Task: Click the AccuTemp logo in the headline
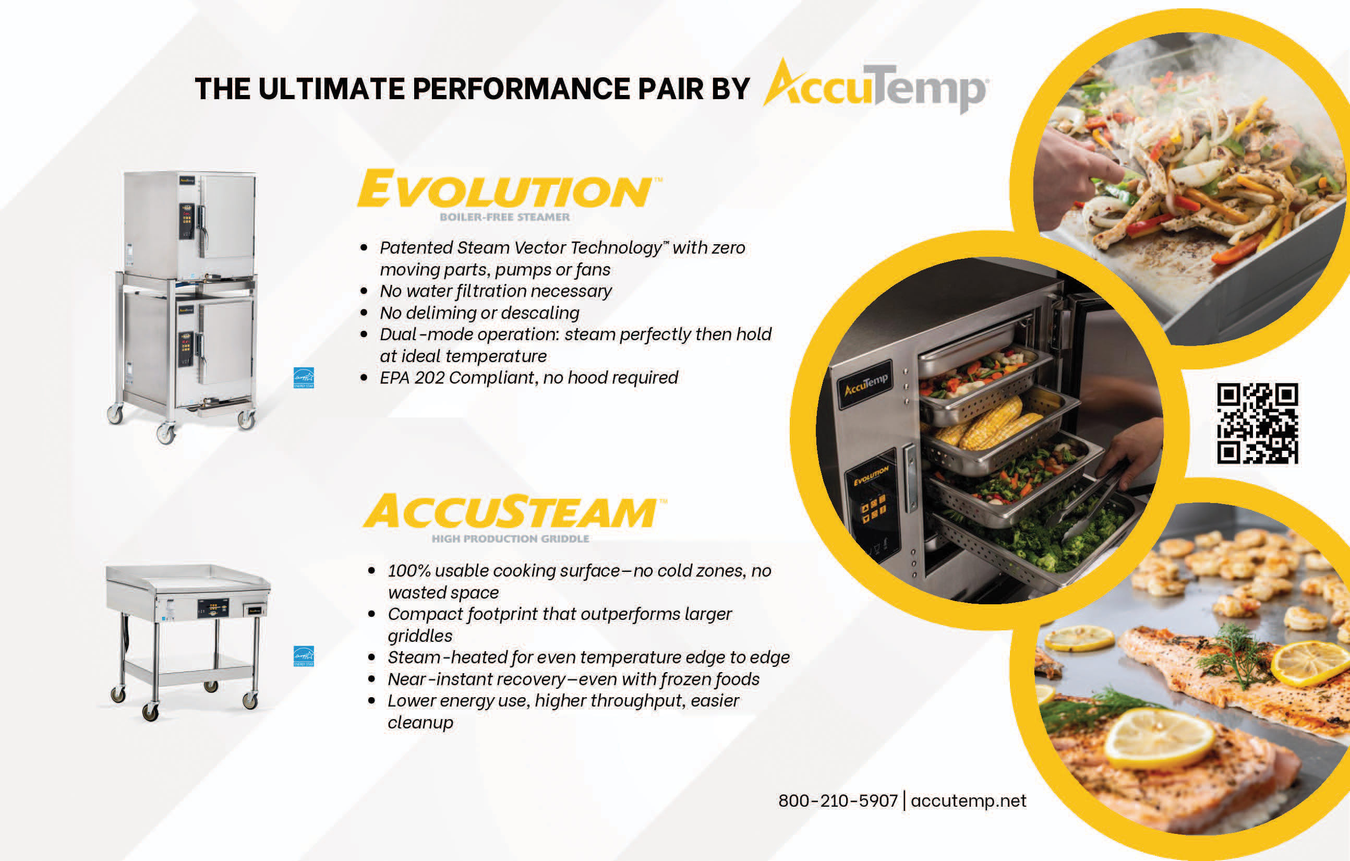click(x=876, y=87)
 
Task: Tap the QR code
click(x=1258, y=424)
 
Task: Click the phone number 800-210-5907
click(x=838, y=800)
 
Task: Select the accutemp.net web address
click(x=968, y=800)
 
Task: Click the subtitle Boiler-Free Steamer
click(x=504, y=217)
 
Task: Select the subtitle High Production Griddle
click(x=510, y=539)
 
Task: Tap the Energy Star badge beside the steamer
click(x=304, y=378)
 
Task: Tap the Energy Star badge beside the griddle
click(x=304, y=656)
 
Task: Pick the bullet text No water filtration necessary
click(x=496, y=291)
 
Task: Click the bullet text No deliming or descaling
click(x=479, y=313)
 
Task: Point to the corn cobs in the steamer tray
click(x=987, y=424)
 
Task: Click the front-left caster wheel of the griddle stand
click(x=150, y=712)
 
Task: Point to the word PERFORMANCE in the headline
click(x=521, y=89)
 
